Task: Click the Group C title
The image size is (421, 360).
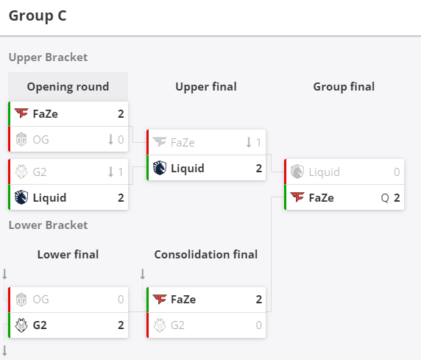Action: point(38,16)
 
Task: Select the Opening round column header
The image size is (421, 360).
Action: point(68,87)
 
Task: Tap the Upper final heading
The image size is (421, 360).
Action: point(206,87)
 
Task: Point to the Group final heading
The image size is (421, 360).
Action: point(344,87)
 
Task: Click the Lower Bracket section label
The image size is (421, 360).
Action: point(48,225)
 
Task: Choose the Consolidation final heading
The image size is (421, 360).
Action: point(206,255)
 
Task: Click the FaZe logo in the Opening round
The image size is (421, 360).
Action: point(21,113)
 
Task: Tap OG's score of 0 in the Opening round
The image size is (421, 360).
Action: point(121,140)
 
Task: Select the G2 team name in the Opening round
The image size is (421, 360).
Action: point(40,172)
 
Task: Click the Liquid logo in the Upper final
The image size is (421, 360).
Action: point(160,168)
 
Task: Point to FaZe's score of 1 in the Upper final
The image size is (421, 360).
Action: point(258,143)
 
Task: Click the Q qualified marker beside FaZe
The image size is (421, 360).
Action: point(385,198)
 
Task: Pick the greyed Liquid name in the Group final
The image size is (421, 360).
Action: point(325,172)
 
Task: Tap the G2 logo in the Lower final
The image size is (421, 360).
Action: point(21,325)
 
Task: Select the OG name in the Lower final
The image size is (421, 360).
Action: point(40,300)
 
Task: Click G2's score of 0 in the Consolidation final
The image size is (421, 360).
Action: point(258,325)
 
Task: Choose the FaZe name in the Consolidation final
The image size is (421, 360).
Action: point(183,300)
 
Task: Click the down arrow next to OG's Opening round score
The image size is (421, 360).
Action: point(110,140)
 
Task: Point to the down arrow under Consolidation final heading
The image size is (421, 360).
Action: point(143,274)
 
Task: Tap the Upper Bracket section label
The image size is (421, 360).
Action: point(48,57)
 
